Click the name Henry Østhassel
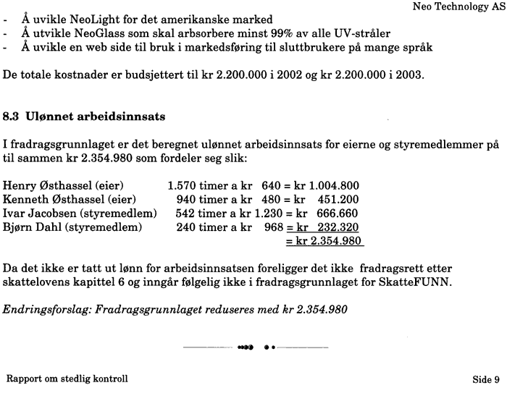point(47,186)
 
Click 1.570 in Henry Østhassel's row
point(181,186)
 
